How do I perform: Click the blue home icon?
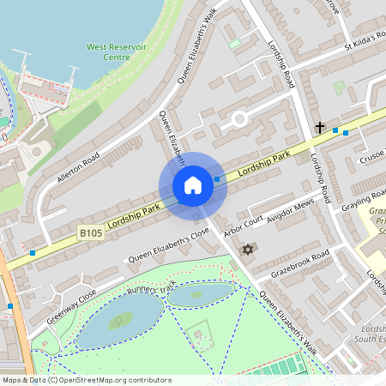tap(193, 185)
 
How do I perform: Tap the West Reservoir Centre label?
tap(112, 51)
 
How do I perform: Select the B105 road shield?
tap(92, 232)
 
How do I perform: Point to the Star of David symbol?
tap(249, 249)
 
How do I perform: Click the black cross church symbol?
tap(319, 128)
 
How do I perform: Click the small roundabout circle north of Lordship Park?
tap(239, 119)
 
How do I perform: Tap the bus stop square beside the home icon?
tap(217, 179)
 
